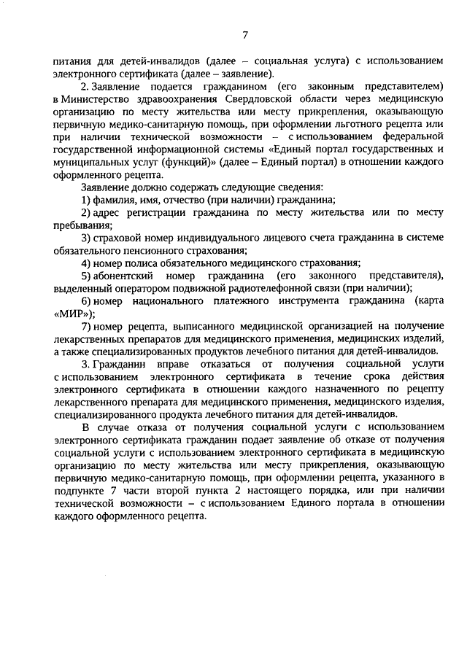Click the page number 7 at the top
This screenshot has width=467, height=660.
(x=246, y=34)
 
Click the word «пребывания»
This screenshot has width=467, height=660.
(x=77, y=225)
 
